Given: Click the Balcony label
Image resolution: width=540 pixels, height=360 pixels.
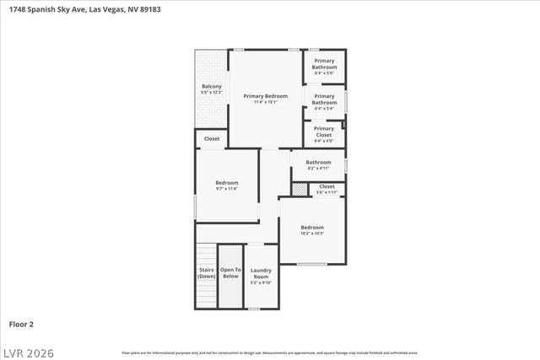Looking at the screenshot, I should [211, 86].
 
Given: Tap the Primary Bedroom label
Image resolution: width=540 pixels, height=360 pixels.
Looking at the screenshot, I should [266, 96].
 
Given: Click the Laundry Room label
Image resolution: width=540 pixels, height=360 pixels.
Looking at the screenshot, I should [261, 274].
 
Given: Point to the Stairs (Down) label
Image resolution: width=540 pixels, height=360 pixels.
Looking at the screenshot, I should [206, 274].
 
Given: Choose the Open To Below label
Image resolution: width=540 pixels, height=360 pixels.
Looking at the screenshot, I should [230, 274].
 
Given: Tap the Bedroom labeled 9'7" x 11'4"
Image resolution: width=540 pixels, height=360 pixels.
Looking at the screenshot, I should [226, 182].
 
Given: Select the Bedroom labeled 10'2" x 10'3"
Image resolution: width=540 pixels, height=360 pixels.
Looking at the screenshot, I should [312, 227].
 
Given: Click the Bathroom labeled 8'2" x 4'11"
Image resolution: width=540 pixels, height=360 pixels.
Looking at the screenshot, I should [318, 162].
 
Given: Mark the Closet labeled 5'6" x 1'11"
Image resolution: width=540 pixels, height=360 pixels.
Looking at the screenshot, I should [327, 186].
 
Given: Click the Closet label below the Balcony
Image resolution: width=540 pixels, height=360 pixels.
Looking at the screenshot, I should [212, 138].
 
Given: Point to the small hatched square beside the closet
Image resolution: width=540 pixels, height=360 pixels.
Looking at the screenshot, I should [300, 189].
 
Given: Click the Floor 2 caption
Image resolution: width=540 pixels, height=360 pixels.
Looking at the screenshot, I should [21, 324].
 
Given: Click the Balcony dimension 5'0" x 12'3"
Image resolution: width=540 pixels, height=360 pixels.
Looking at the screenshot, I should [211, 92].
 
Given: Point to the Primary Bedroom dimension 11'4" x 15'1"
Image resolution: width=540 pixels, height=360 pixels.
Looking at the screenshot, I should [266, 102].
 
